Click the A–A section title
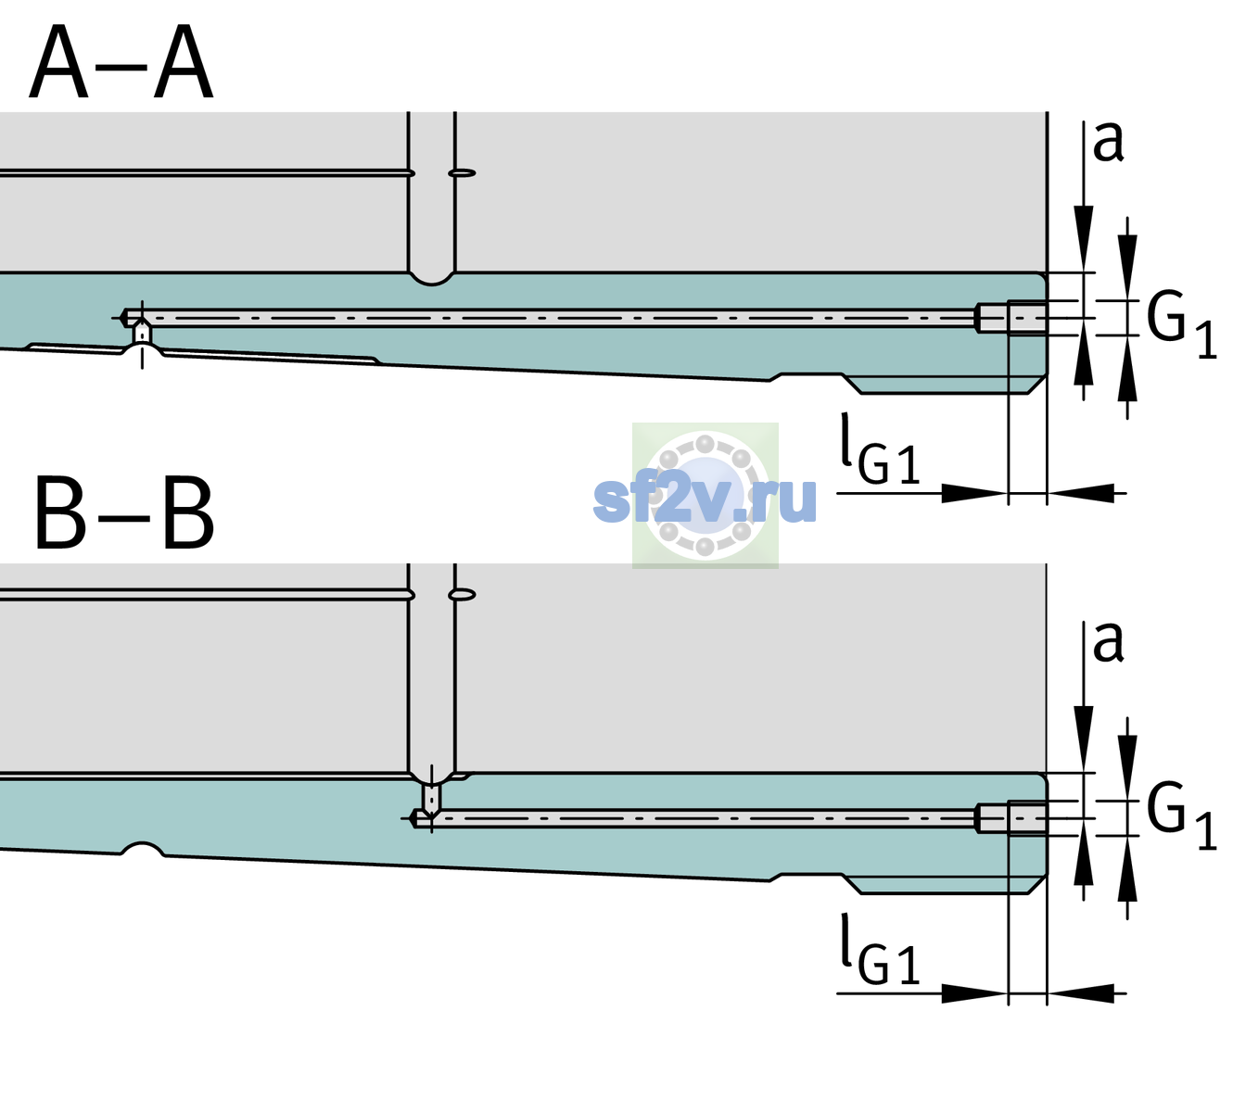[121, 62]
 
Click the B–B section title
[124, 513]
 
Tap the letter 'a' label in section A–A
[1108, 142]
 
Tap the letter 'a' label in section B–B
[1108, 642]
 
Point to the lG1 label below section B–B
[880, 949]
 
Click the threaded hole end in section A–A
[1011, 318]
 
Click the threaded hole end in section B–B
[1011, 818]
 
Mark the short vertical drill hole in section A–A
[142, 333]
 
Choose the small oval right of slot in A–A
[462, 173]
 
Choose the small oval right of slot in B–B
[462, 595]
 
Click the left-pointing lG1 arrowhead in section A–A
[1081, 493]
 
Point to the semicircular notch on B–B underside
[143, 849]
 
